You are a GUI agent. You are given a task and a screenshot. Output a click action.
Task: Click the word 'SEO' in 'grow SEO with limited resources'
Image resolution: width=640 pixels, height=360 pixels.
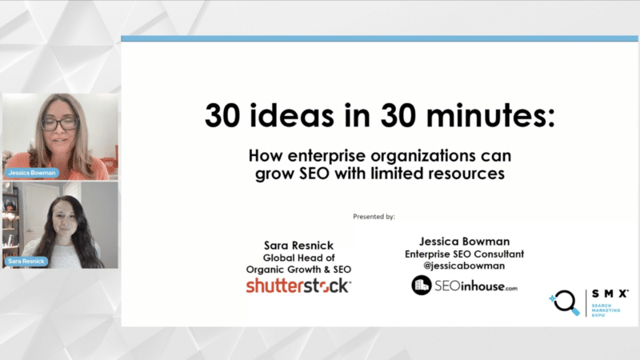314,174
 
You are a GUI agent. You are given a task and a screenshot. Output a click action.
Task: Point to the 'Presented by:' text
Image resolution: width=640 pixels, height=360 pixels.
374,217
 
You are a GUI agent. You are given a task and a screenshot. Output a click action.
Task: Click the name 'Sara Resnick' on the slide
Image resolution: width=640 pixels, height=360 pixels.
298,246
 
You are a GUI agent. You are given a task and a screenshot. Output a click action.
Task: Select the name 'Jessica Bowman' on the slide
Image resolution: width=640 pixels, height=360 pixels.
465,242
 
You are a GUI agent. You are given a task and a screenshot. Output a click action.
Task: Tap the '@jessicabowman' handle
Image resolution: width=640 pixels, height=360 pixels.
464,266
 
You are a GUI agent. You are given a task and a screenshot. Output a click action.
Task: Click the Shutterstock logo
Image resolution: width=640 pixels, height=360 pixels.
298,286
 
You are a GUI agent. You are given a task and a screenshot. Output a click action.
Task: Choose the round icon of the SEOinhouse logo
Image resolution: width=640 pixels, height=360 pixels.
422,285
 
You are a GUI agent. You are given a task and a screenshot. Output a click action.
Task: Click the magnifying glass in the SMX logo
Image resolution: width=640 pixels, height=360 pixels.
565,303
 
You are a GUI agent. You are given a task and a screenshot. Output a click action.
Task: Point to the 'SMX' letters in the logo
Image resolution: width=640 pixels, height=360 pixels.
610,294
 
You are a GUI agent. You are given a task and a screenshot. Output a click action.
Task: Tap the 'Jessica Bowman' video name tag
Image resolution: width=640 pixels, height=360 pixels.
32,173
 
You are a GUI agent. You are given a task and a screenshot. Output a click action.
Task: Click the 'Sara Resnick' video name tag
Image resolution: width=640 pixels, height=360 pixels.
26,262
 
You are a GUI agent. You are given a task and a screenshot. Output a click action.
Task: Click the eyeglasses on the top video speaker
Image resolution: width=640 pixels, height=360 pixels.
59,124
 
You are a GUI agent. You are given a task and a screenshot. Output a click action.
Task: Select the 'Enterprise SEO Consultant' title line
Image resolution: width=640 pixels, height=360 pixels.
465,254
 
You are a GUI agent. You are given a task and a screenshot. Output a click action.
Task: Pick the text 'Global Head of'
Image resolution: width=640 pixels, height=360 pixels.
298,258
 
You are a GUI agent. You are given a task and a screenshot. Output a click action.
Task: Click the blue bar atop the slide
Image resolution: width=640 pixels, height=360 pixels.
379,38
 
